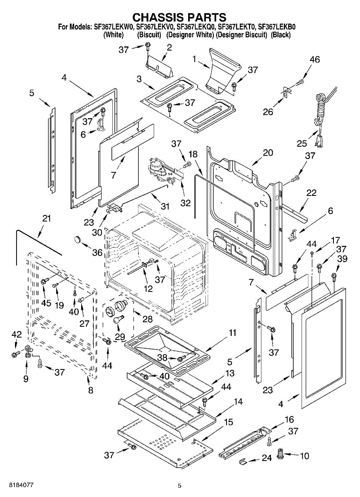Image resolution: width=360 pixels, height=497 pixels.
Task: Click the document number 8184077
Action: (x=17, y=485)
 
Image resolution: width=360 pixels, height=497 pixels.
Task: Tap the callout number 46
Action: (x=314, y=60)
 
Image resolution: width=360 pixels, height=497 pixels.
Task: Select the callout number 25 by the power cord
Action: (x=302, y=143)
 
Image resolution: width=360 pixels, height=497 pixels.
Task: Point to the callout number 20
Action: (x=268, y=152)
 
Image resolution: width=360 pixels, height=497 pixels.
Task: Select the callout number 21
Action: (x=46, y=218)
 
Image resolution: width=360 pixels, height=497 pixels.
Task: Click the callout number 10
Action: (x=304, y=456)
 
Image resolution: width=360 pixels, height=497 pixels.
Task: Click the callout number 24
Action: (x=266, y=458)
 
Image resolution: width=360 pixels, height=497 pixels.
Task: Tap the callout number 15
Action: (x=229, y=422)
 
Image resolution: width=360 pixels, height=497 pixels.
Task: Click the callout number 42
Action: (x=16, y=334)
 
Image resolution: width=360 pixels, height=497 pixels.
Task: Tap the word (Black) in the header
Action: (x=280, y=35)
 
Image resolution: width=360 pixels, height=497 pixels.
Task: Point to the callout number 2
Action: (x=169, y=48)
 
